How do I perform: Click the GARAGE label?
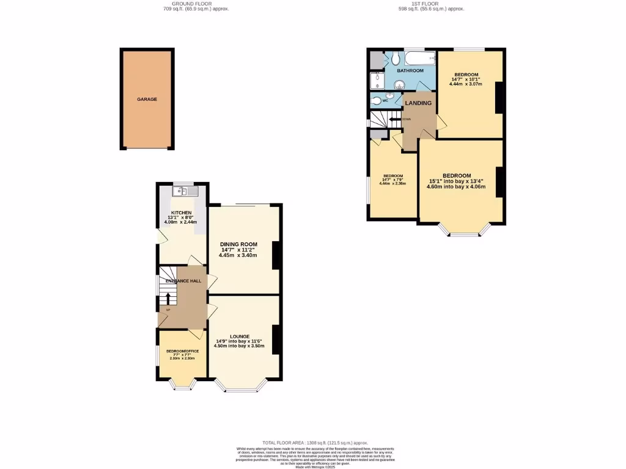tap(147, 99)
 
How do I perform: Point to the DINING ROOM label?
tap(238, 244)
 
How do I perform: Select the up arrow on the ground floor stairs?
tap(168, 299)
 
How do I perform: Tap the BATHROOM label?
tap(410, 71)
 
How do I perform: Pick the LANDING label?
tap(419, 103)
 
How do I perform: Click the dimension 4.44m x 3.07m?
tap(466, 84)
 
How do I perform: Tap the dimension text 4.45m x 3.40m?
tap(238, 255)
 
